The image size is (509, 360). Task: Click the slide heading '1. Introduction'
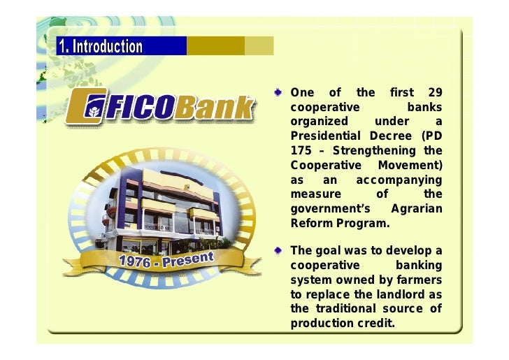coord(100,47)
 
